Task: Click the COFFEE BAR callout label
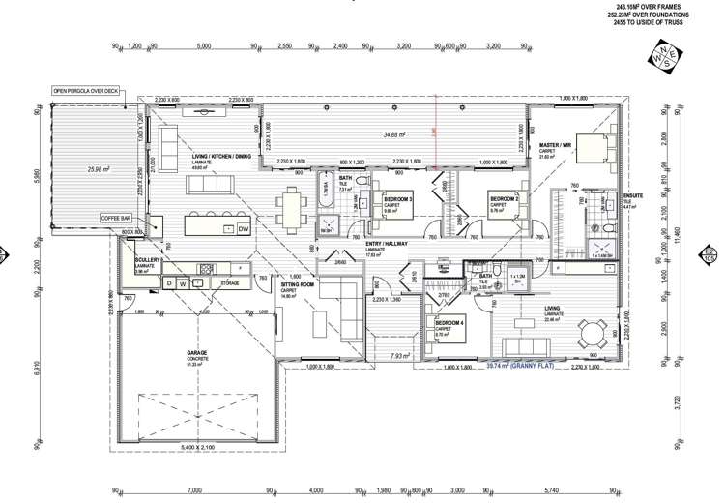pos(121,219)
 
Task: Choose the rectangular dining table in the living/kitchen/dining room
pos(290,205)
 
